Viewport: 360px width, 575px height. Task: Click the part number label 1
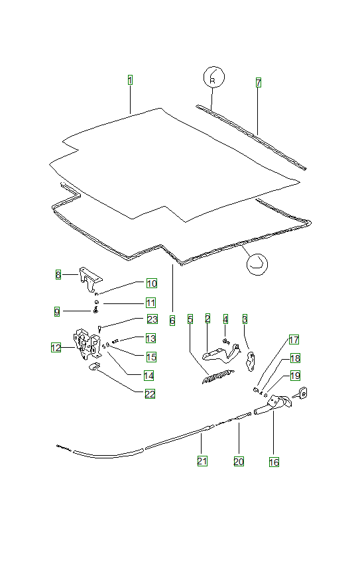coord(130,80)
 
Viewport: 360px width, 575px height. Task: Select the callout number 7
coord(259,83)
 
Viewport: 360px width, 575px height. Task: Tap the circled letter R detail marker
coord(213,77)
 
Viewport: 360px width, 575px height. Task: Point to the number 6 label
coord(172,321)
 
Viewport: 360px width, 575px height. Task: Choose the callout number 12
coord(56,347)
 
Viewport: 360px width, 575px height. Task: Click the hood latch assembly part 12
coord(87,344)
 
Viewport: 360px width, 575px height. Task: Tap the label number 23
coord(152,319)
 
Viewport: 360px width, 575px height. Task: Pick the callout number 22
coord(150,394)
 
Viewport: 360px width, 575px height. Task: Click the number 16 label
coord(274,462)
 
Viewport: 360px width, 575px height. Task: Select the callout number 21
coord(202,461)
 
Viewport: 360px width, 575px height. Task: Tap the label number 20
coord(239,461)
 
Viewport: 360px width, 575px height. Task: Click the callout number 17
coord(294,340)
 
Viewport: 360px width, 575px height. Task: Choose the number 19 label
coord(295,376)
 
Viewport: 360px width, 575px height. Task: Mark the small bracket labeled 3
coord(251,361)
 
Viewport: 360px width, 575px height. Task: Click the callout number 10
coord(152,283)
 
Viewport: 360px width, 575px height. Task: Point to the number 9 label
coord(57,312)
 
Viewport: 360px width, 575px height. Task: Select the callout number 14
coord(149,376)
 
